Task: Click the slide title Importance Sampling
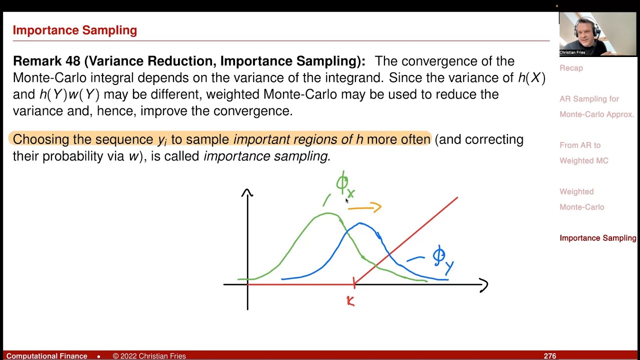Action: pos(74,30)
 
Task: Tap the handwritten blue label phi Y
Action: pos(442,259)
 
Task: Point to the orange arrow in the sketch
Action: pos(364,207)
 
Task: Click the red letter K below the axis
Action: pos(350,300)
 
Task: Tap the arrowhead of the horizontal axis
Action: pos(483,285)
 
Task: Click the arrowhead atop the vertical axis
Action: pos(247,192)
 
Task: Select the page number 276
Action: pos(550,356)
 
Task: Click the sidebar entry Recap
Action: pos(571,68)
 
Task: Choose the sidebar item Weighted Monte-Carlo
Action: pos(581,199)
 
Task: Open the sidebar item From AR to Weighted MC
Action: pos(583,153)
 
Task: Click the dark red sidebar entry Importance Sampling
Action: pos(597,238)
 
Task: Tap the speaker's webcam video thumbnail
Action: pos(598,34)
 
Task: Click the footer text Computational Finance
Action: pos(46,356)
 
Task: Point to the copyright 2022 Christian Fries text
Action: pos(149,356)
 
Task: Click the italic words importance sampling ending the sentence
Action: pos(265,156)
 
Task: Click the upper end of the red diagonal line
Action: pos(456,198)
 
